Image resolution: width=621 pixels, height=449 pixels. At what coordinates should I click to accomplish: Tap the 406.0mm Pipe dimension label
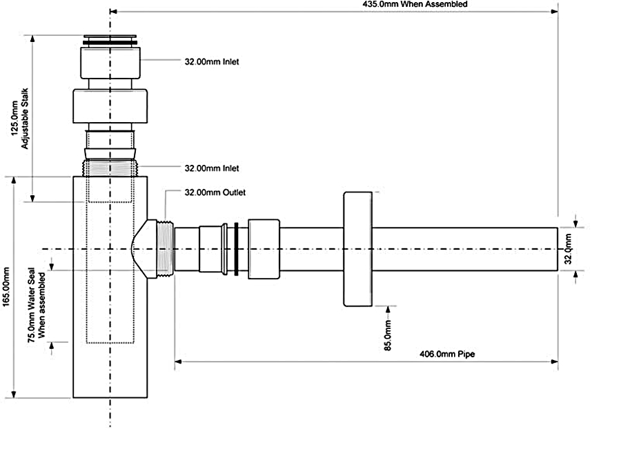pos(448,354)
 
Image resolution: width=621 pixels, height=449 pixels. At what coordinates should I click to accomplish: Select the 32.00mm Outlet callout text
pos(215,192)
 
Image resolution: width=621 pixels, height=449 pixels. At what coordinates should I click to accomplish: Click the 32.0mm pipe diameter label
pos(568,249)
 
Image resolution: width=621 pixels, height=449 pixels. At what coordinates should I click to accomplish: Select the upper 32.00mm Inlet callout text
pos(212,61)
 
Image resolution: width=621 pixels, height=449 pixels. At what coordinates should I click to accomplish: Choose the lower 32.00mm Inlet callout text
pos(212,168)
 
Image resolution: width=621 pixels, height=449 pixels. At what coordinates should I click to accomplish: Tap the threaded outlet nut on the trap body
pos(164,248)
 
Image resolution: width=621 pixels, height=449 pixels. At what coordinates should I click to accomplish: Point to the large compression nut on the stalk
pos(110,105)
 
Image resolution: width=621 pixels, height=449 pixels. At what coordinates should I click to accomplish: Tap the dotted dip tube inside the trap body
pos(110,276)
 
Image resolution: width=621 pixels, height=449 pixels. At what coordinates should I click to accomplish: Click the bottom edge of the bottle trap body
pos(110,397)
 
